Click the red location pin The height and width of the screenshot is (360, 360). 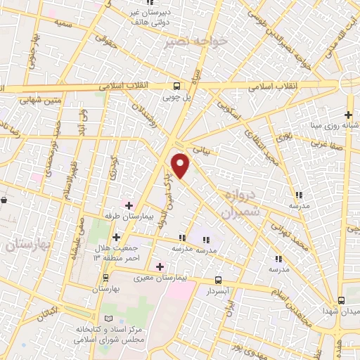tap(181, 165)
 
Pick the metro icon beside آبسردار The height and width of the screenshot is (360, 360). tap(217, 279)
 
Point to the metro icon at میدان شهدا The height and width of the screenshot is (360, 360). tap(341, 300)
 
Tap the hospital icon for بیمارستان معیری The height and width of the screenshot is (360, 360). tap(160, 266)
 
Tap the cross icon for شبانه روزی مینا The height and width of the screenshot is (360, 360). tap(348, 115)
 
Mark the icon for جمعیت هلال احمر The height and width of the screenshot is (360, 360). tap(116, 237)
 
